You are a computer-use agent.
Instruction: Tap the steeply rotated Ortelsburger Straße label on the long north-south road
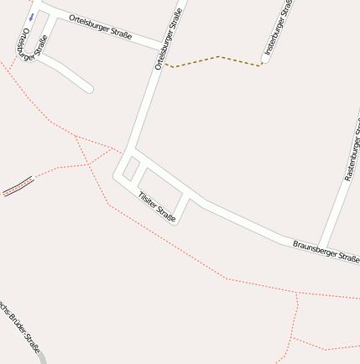pos(168,38)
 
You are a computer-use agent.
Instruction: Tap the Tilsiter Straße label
pos(157,206)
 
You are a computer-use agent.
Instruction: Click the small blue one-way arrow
pos(31,16)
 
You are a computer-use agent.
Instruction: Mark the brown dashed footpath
pos(217,58)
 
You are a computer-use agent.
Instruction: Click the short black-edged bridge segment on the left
pos(18,186)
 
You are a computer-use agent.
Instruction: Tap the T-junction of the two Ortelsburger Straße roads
pos(163,45)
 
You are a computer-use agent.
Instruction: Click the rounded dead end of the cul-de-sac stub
pos(88,88)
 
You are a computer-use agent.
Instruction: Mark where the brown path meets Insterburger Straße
pos(263,63)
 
